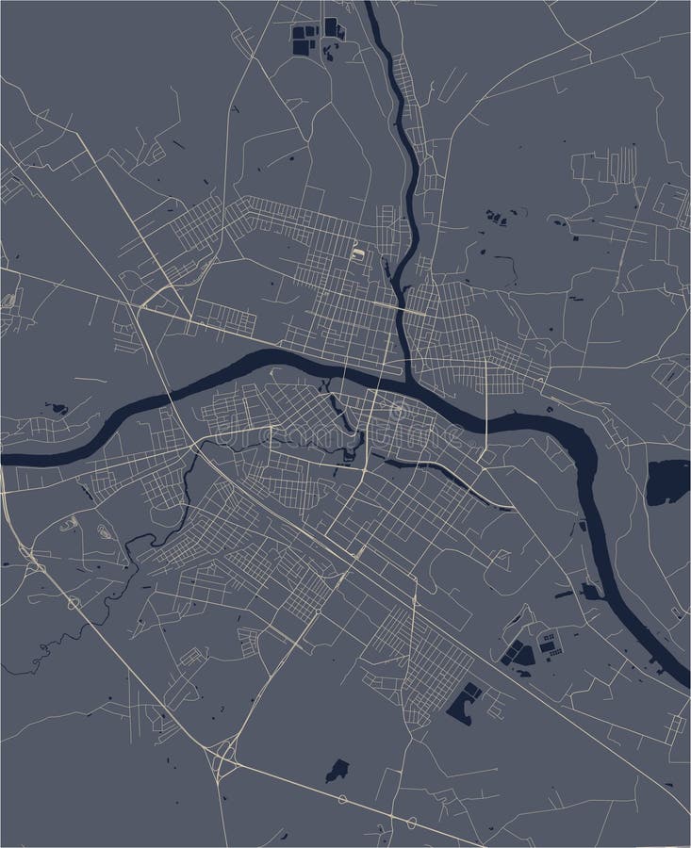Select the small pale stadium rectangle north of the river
click(359, 253)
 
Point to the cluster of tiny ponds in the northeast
click(494, 218)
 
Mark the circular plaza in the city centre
click(397, 410)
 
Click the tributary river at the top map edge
click(370, 8)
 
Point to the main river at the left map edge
click(8, 458)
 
